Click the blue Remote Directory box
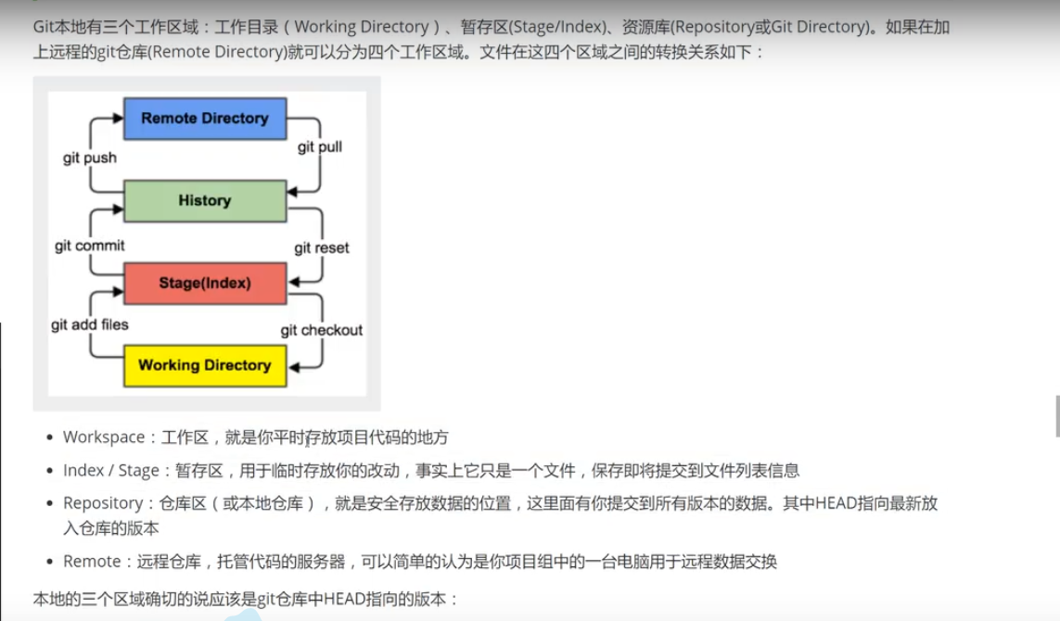pos(205,119)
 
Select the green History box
pos(205,201)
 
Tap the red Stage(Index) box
pos(205,283)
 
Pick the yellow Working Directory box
pos(205,365)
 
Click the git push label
pos(90,158)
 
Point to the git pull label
pos(320,147)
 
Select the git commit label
pos(90,246)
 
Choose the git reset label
pos(322,248)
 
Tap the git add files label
pos(90,324)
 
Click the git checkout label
pos(322,330)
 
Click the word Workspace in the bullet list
pos(103,437)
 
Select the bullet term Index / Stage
pos(110,471)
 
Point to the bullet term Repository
pos(103,503)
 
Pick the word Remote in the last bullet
pos(92,562)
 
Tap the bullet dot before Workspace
pos(49,437)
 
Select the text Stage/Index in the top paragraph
pos(554,27)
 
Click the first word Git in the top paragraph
pos(44,27)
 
